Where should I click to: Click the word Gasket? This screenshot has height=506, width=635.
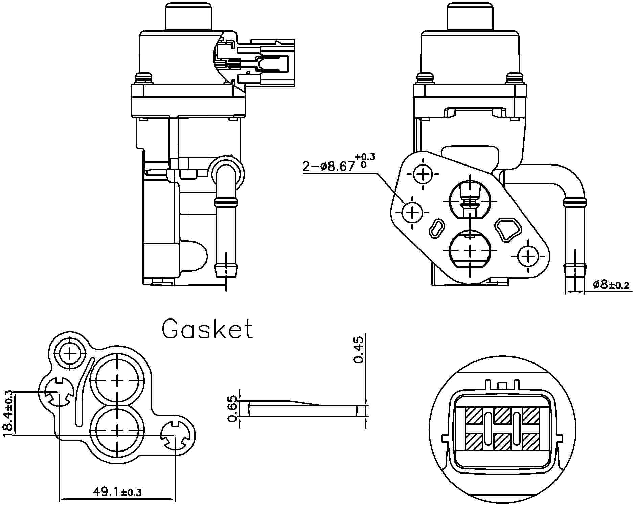coord(207,329)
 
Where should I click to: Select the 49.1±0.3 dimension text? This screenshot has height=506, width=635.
coord(117,491)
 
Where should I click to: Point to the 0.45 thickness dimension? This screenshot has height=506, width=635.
coord(358,349)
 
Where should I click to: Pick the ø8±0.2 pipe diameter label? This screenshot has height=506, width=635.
coord(611,285)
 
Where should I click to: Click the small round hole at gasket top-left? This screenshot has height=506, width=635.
coord(70,353)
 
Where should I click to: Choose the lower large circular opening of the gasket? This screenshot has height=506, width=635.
coord(117,430)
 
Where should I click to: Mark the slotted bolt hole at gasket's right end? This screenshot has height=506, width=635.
coord(175,436)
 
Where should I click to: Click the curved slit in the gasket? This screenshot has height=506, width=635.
coord(82,393)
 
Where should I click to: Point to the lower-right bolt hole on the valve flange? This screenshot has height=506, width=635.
coord(528,257)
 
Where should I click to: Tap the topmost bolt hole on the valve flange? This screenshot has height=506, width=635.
coord(423,174)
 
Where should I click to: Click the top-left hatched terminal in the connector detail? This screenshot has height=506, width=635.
coord(473,415)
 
